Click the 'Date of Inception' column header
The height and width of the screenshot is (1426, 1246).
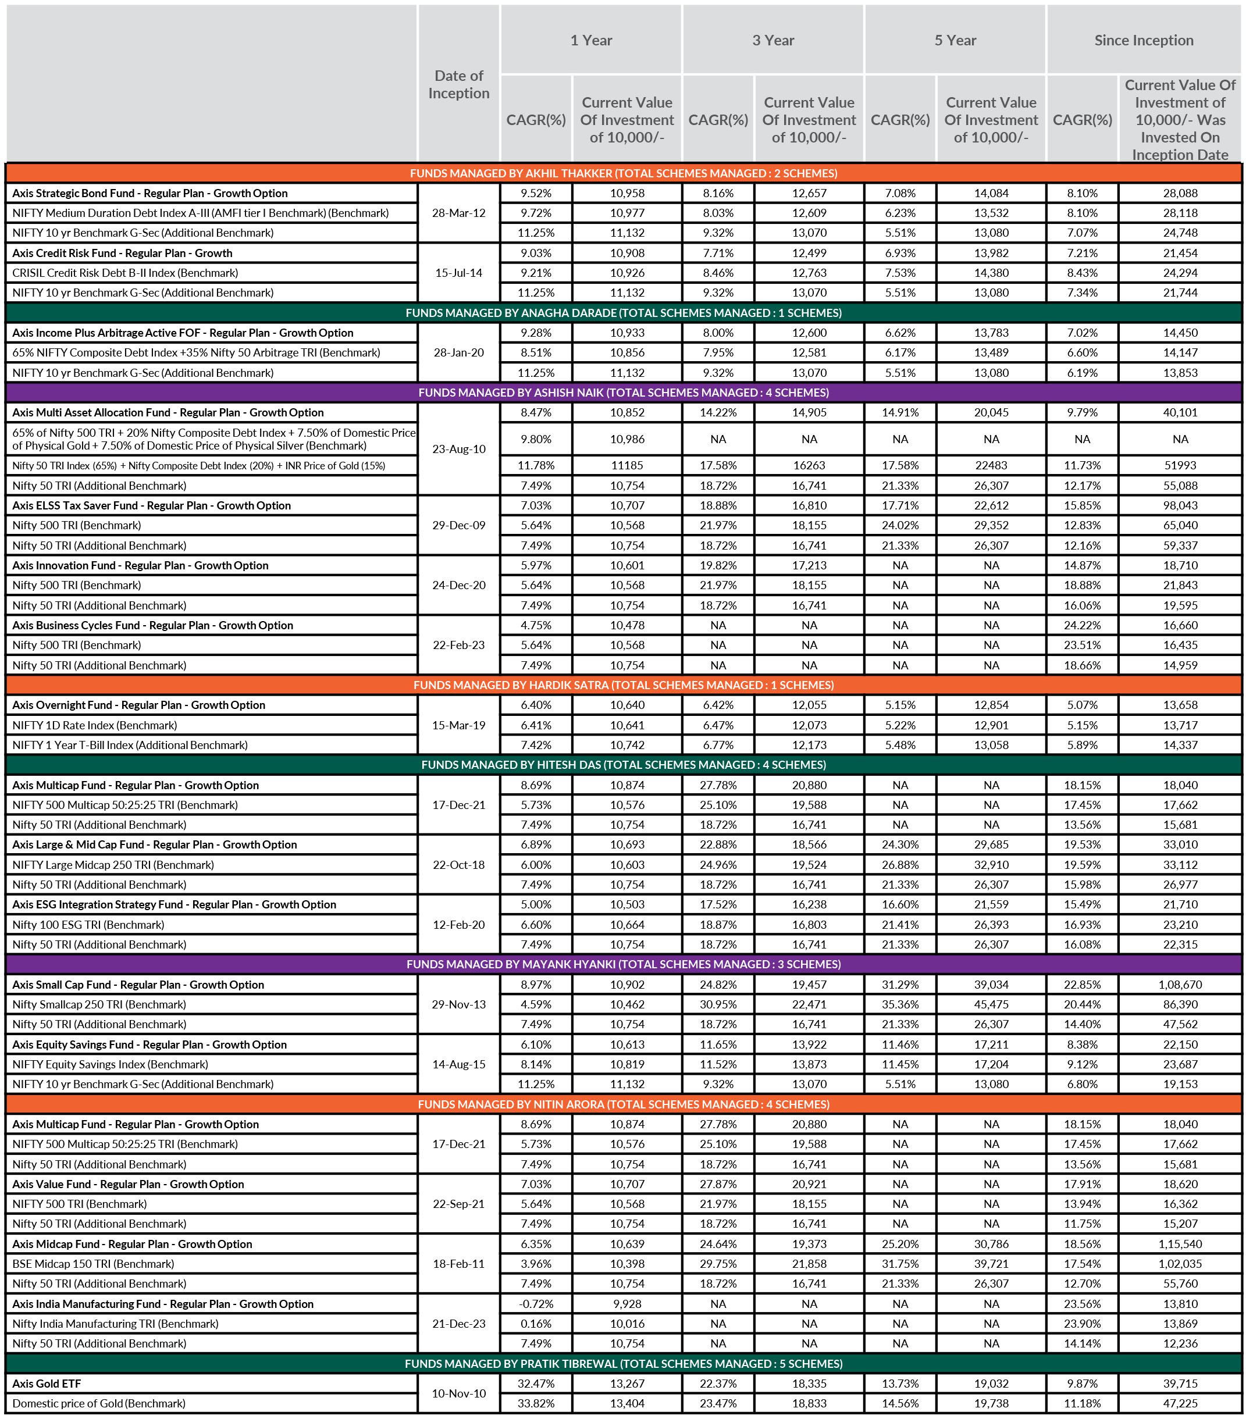pos(458,84)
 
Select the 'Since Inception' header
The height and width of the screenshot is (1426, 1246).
pos(1143,40)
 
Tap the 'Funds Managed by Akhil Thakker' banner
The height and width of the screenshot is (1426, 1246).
pos(623,173)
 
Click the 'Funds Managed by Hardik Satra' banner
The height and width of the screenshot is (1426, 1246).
pos(623,685)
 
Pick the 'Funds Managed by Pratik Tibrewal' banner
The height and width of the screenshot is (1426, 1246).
pos(623,1363)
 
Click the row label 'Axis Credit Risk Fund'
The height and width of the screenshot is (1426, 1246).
pos(122,253)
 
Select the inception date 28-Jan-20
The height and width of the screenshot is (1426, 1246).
pos(458,352)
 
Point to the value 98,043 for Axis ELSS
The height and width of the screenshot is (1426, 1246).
pos(1180,505)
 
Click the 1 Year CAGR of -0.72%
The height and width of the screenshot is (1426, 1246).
pos(535,1304)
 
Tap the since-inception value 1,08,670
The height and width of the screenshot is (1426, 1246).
pos(1180,985)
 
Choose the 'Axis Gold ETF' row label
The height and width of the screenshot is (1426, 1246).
pos(47,1384)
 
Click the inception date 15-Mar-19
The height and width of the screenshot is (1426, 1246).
pos(458,725)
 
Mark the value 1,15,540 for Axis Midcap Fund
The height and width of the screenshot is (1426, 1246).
pos(1180,1244)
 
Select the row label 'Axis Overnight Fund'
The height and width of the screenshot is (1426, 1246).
pos(138,705)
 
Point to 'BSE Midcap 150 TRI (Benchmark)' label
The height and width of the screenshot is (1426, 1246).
pos(93,1264)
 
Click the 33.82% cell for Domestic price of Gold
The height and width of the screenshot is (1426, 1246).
pos(535,1403)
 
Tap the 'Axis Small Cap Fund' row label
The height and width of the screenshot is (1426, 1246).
pos(138,985)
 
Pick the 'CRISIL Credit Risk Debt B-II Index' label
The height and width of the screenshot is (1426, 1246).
pos(125,273)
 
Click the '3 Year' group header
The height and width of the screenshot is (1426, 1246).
pos(772,40)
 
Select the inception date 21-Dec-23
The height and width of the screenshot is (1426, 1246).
pos(458,1324)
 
